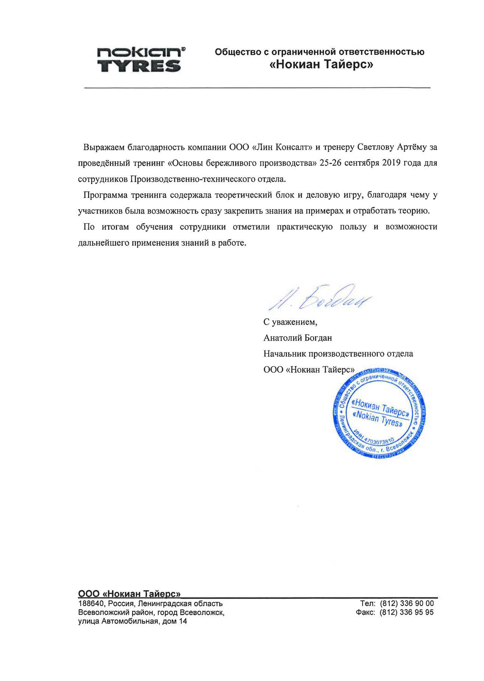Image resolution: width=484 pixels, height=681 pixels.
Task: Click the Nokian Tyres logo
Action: [141, 60]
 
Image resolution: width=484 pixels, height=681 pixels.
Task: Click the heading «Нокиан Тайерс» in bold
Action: [321, 65]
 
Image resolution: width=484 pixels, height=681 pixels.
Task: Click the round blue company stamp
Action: [379, 414]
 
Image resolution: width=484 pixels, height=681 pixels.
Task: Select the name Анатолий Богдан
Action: [298, 338]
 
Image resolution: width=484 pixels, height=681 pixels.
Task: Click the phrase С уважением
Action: [290, 322]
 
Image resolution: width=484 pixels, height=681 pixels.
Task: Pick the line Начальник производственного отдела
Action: [338, 354]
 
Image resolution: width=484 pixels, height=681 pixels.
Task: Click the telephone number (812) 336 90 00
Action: [406, 603]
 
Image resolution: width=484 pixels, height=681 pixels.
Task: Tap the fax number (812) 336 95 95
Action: [406, 613]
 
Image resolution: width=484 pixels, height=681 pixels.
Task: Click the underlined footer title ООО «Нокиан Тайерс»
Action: [129, 594]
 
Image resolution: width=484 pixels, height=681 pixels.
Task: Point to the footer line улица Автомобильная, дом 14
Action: [132, 622]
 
